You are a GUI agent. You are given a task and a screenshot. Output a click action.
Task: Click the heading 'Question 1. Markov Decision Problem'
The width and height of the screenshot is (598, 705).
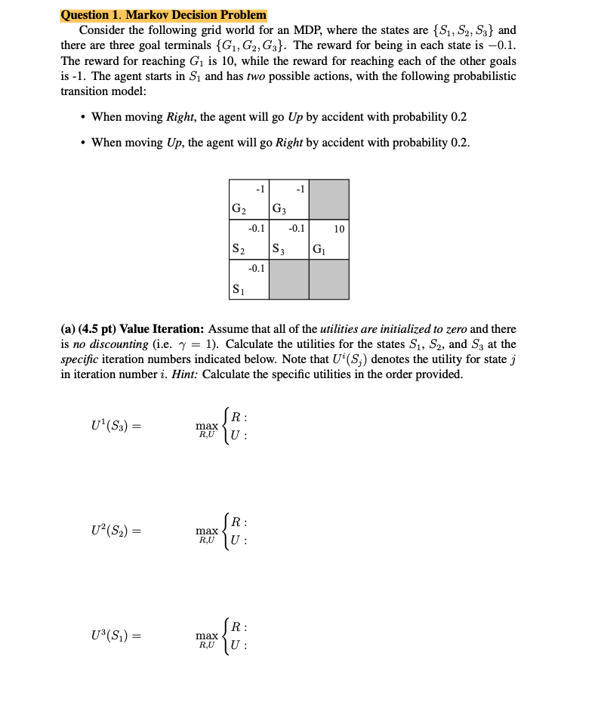(163, 15)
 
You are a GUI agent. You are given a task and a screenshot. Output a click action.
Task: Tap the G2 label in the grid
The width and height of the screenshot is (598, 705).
(239, 208)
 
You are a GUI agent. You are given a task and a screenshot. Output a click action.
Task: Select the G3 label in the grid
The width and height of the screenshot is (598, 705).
(279, 208)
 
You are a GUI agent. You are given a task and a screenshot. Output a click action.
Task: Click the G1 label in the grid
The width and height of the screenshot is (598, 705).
(319, 248)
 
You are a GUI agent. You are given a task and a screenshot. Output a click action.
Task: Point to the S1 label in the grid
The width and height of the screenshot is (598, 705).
(238, 288)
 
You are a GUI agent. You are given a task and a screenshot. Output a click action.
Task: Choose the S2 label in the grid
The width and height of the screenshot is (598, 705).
(238, 248)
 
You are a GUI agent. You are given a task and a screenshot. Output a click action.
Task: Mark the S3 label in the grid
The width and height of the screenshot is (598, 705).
(279, 248)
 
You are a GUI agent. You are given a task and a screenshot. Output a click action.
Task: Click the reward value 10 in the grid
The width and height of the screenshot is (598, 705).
(339, 229)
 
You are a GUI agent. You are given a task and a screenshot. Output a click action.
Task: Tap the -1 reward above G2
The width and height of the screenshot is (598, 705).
(259, 188)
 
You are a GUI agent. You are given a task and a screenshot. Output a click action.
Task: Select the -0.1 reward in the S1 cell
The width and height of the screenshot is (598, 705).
(257, 268)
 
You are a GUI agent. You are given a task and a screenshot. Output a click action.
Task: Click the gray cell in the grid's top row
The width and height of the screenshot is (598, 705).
(329, 199)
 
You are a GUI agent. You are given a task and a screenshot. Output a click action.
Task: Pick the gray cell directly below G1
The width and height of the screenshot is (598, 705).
(329, 279)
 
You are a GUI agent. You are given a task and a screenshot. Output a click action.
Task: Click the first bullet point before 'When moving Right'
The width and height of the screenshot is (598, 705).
(81, 117)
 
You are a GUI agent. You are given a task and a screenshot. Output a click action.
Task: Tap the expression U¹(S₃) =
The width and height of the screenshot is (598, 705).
(116, 426)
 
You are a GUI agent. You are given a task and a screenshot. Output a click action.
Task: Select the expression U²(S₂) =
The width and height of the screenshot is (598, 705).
(116, 531)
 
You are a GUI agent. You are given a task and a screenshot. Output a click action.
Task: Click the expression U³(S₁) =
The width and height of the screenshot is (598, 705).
(116, 636)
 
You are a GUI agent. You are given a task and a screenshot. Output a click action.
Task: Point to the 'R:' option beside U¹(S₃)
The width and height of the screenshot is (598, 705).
(237, 417)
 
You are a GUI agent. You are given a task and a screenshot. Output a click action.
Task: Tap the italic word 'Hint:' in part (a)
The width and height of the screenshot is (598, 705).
(185, 374)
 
